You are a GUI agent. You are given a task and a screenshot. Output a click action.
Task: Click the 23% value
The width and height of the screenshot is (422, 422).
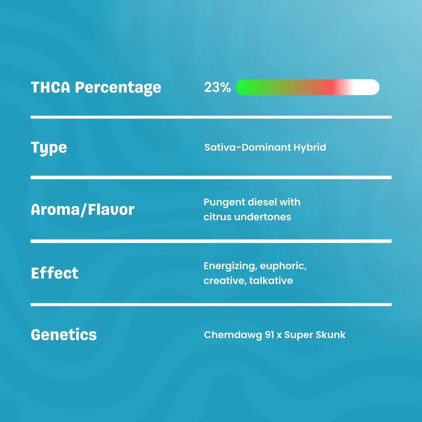pyautogui.click(x=217, y=87)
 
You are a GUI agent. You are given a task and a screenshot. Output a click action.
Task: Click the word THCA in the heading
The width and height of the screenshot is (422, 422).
pyautogui.click(x=50, y=87)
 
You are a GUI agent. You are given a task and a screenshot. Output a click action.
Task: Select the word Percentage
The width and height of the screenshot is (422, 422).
pyautogui.click(x=118, y=88)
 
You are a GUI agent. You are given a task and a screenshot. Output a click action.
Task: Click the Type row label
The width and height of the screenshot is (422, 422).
pyautogui.click(x=49, y=148)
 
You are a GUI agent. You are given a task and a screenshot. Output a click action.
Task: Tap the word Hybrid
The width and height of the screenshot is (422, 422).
pyautogui.click(x=309, y=147)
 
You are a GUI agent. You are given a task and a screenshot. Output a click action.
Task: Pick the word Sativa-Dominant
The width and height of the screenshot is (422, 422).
pyautogui.click(x=248, y=147)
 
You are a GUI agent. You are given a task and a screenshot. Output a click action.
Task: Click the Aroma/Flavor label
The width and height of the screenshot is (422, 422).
pyautogui.click(x=82, y=209)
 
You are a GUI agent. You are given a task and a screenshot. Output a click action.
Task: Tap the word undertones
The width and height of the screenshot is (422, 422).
pyautogui.click(x=263, y=216)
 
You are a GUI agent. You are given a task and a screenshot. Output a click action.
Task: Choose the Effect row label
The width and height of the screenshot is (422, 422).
pyautogui.click(x=55, y=273)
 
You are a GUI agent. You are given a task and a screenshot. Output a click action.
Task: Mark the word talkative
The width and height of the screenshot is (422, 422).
pyautogui.click(x=271, y=281)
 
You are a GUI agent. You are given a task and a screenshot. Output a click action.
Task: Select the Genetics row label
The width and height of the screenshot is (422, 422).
pyautogui.click(x=64, y=334)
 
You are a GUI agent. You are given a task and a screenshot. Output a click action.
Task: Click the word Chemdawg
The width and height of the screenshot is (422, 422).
pyautogui.click(x=233, y=335)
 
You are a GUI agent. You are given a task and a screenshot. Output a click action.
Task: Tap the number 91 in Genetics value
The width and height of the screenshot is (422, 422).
pyautogui.click(x=269, y=335)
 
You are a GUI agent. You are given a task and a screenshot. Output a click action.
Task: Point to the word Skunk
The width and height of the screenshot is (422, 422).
pyautogui.click(x=331, y=334)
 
